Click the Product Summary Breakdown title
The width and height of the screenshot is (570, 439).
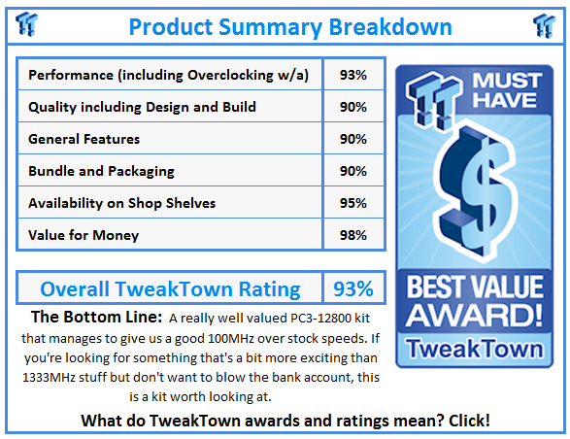pyautogui.click(x=290, y=27)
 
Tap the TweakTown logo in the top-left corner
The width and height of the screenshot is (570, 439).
pyautogui.click(x=26, y=24)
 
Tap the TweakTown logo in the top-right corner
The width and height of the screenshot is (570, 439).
pyautogui.click(x=544, y=25)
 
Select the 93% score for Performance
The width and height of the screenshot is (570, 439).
pyautogui.click(x=353, y=75)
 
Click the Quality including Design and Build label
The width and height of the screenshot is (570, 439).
pyautogui.click(x=142, y=107)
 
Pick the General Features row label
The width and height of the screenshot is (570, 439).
pyautogui.click(x=84, y=139)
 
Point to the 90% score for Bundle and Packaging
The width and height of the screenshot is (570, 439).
pyautogui.click(x=353, y=171)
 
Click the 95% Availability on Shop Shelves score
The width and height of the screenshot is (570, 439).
pyautogui.click(x=353, y=203)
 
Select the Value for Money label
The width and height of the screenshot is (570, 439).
pyautogui.click(x=84, y=235)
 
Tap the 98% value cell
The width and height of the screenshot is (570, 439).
pyautogui.click(x=353, y=235)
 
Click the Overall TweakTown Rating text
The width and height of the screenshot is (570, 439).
pyautogui.click(x=170, y=289)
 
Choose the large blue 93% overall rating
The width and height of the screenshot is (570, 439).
pyautogui.click(x=353, y=289)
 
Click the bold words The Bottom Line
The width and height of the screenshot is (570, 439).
pyautogui.click(x=96, y=317)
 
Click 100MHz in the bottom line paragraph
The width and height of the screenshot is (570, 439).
pyautogui.click(x=230, y=338)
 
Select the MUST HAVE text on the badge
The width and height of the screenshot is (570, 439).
pyautogui.click(x=506, y=89)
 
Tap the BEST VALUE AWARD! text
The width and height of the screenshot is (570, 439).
pyautogui.click(x=474, y=301)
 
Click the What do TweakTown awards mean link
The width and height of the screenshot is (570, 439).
pyautogui.click(x=285, y=421)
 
